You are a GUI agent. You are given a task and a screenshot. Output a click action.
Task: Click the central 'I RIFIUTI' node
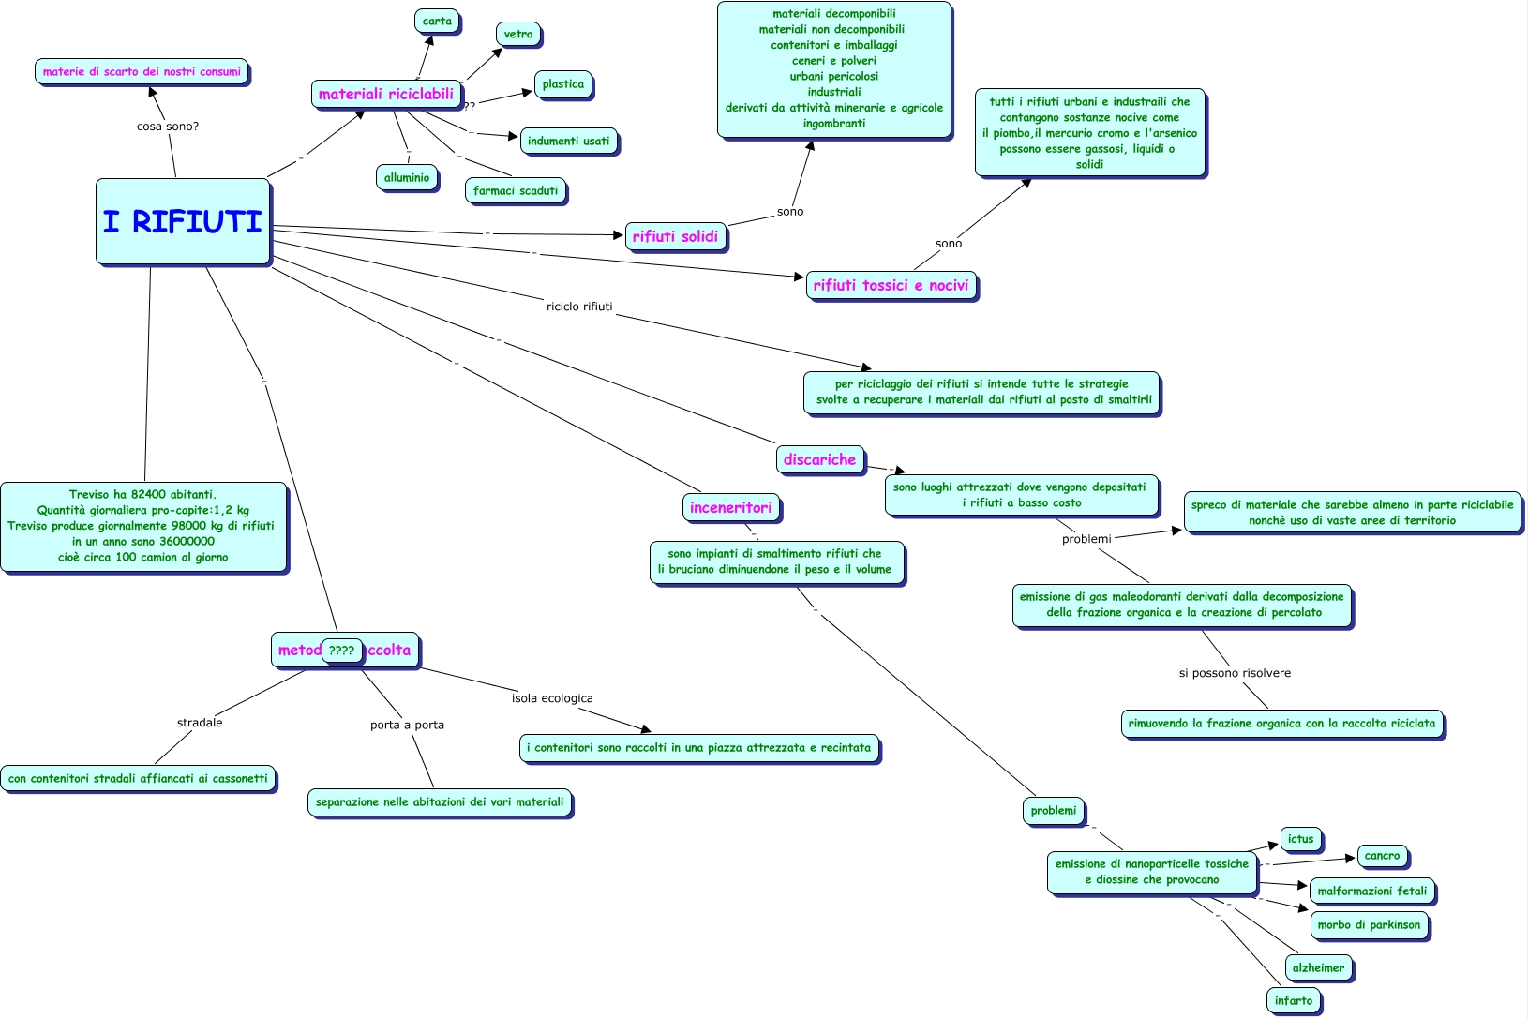[183, 221]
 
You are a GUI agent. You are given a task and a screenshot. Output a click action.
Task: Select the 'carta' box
[437, 22]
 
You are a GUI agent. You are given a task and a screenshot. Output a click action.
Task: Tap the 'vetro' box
[517, 35]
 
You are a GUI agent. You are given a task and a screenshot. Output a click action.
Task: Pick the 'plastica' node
[562, 84]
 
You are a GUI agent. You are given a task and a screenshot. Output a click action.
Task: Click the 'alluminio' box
[407, 177]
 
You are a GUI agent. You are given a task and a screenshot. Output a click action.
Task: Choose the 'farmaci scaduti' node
[515, 190]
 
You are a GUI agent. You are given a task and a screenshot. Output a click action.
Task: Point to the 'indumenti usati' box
[568, 142]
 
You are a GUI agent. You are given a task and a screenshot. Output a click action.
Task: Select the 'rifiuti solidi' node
[675, 236]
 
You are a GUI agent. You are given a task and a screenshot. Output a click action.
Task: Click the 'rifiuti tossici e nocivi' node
[891, 285]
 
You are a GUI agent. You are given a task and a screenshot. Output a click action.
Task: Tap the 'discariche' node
[819, 459]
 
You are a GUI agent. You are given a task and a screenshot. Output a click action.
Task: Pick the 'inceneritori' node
[730, 507]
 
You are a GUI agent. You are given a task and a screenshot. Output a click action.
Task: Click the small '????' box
[341, 651]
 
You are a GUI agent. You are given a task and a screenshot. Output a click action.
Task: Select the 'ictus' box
[1300, 839]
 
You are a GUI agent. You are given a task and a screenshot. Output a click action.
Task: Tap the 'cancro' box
[1382, 856]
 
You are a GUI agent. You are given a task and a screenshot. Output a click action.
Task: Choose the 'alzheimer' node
[1318, 967]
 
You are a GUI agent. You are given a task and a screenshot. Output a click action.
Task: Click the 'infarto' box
[1293, 1000]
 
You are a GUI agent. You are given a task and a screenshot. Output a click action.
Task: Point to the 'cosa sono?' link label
[168, 127]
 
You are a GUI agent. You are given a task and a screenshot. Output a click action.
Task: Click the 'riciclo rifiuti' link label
[579, 307]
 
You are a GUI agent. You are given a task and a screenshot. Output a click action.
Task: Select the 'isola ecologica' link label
[552, 698]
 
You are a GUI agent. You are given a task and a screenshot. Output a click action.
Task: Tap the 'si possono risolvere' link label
[1235, 673]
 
